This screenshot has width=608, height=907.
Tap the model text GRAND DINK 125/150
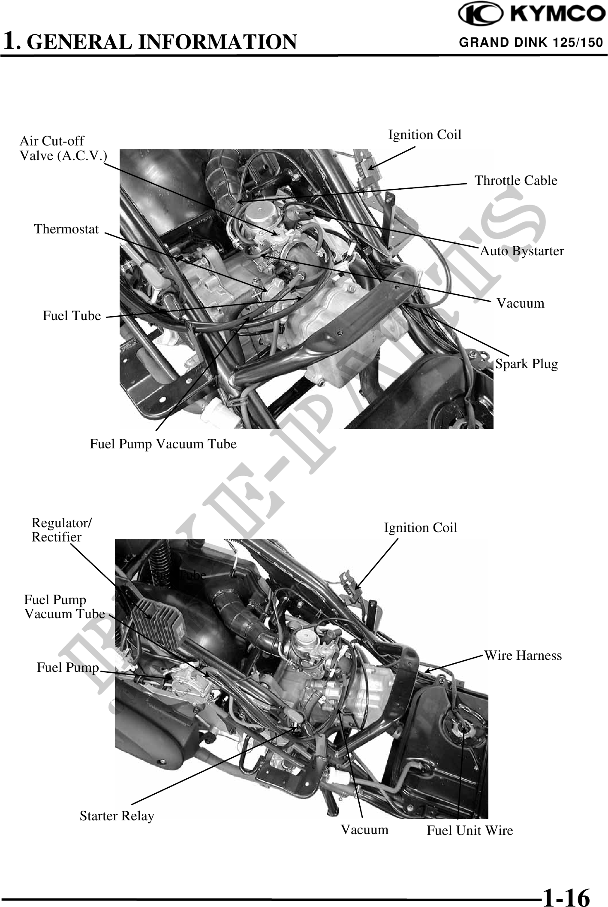tap(531, 42)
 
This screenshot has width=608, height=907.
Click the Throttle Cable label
tap(516, 181)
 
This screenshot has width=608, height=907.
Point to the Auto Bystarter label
tap(522, 251)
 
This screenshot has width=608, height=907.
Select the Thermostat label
tap(66, 229)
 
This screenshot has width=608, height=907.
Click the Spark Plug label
tap(527, 364)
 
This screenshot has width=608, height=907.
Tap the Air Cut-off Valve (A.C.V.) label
tap(63, 148)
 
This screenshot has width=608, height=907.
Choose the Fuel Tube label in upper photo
tap(72, 316)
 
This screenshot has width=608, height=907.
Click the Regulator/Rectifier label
tap(61, 530)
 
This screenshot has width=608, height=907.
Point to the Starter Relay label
tap(117, 816)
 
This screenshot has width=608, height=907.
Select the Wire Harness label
tap(523, 656)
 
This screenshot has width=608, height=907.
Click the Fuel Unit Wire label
tap(470, 831)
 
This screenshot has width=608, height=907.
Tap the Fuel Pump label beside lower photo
tap(68, 668)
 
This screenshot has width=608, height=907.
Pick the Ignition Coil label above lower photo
tap(420, 528)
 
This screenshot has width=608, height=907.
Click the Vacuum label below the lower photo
tap(364, 830)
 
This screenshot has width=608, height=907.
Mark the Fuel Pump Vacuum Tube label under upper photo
tap(163, 444)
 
